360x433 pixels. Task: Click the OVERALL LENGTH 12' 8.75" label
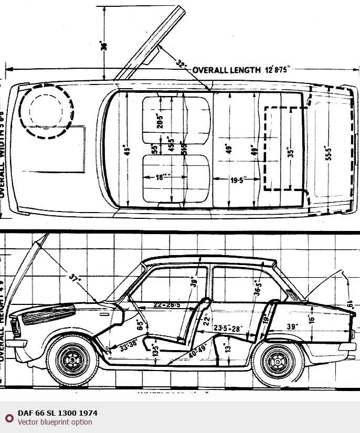[x=241, y=70]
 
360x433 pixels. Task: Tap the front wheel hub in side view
[x=72, y=361]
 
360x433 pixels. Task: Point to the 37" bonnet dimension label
[x=75, y=278]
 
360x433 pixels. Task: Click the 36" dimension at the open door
[x=104, y=46]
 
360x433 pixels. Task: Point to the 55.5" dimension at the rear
[x=329, y=153]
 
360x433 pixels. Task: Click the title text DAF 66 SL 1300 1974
[x=57, y=413]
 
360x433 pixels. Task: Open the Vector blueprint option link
[x=55, y=422]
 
